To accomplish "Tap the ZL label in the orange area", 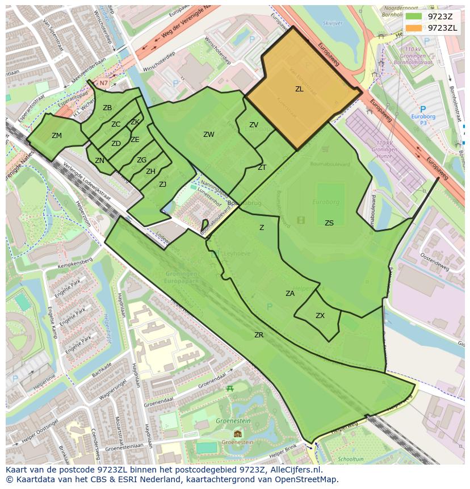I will coord(299,89).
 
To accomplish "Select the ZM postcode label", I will coord(57,136).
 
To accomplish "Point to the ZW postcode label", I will coord(209,135).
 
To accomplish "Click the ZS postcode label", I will coord(329,223).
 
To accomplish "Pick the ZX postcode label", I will coord(320,316).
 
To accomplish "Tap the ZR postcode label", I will coord(259,335).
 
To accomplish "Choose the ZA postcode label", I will coord(290,294).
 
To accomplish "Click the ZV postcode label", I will coord(254,125).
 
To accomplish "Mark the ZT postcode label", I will coord(262,168).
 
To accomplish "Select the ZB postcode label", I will coord(107,108).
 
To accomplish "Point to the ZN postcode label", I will coord(99,161).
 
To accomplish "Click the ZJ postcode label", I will coord(162,184).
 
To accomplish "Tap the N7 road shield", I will coord(104,83).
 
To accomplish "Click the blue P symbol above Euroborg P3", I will coord(422,109).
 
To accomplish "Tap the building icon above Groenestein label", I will coord(237,434).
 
